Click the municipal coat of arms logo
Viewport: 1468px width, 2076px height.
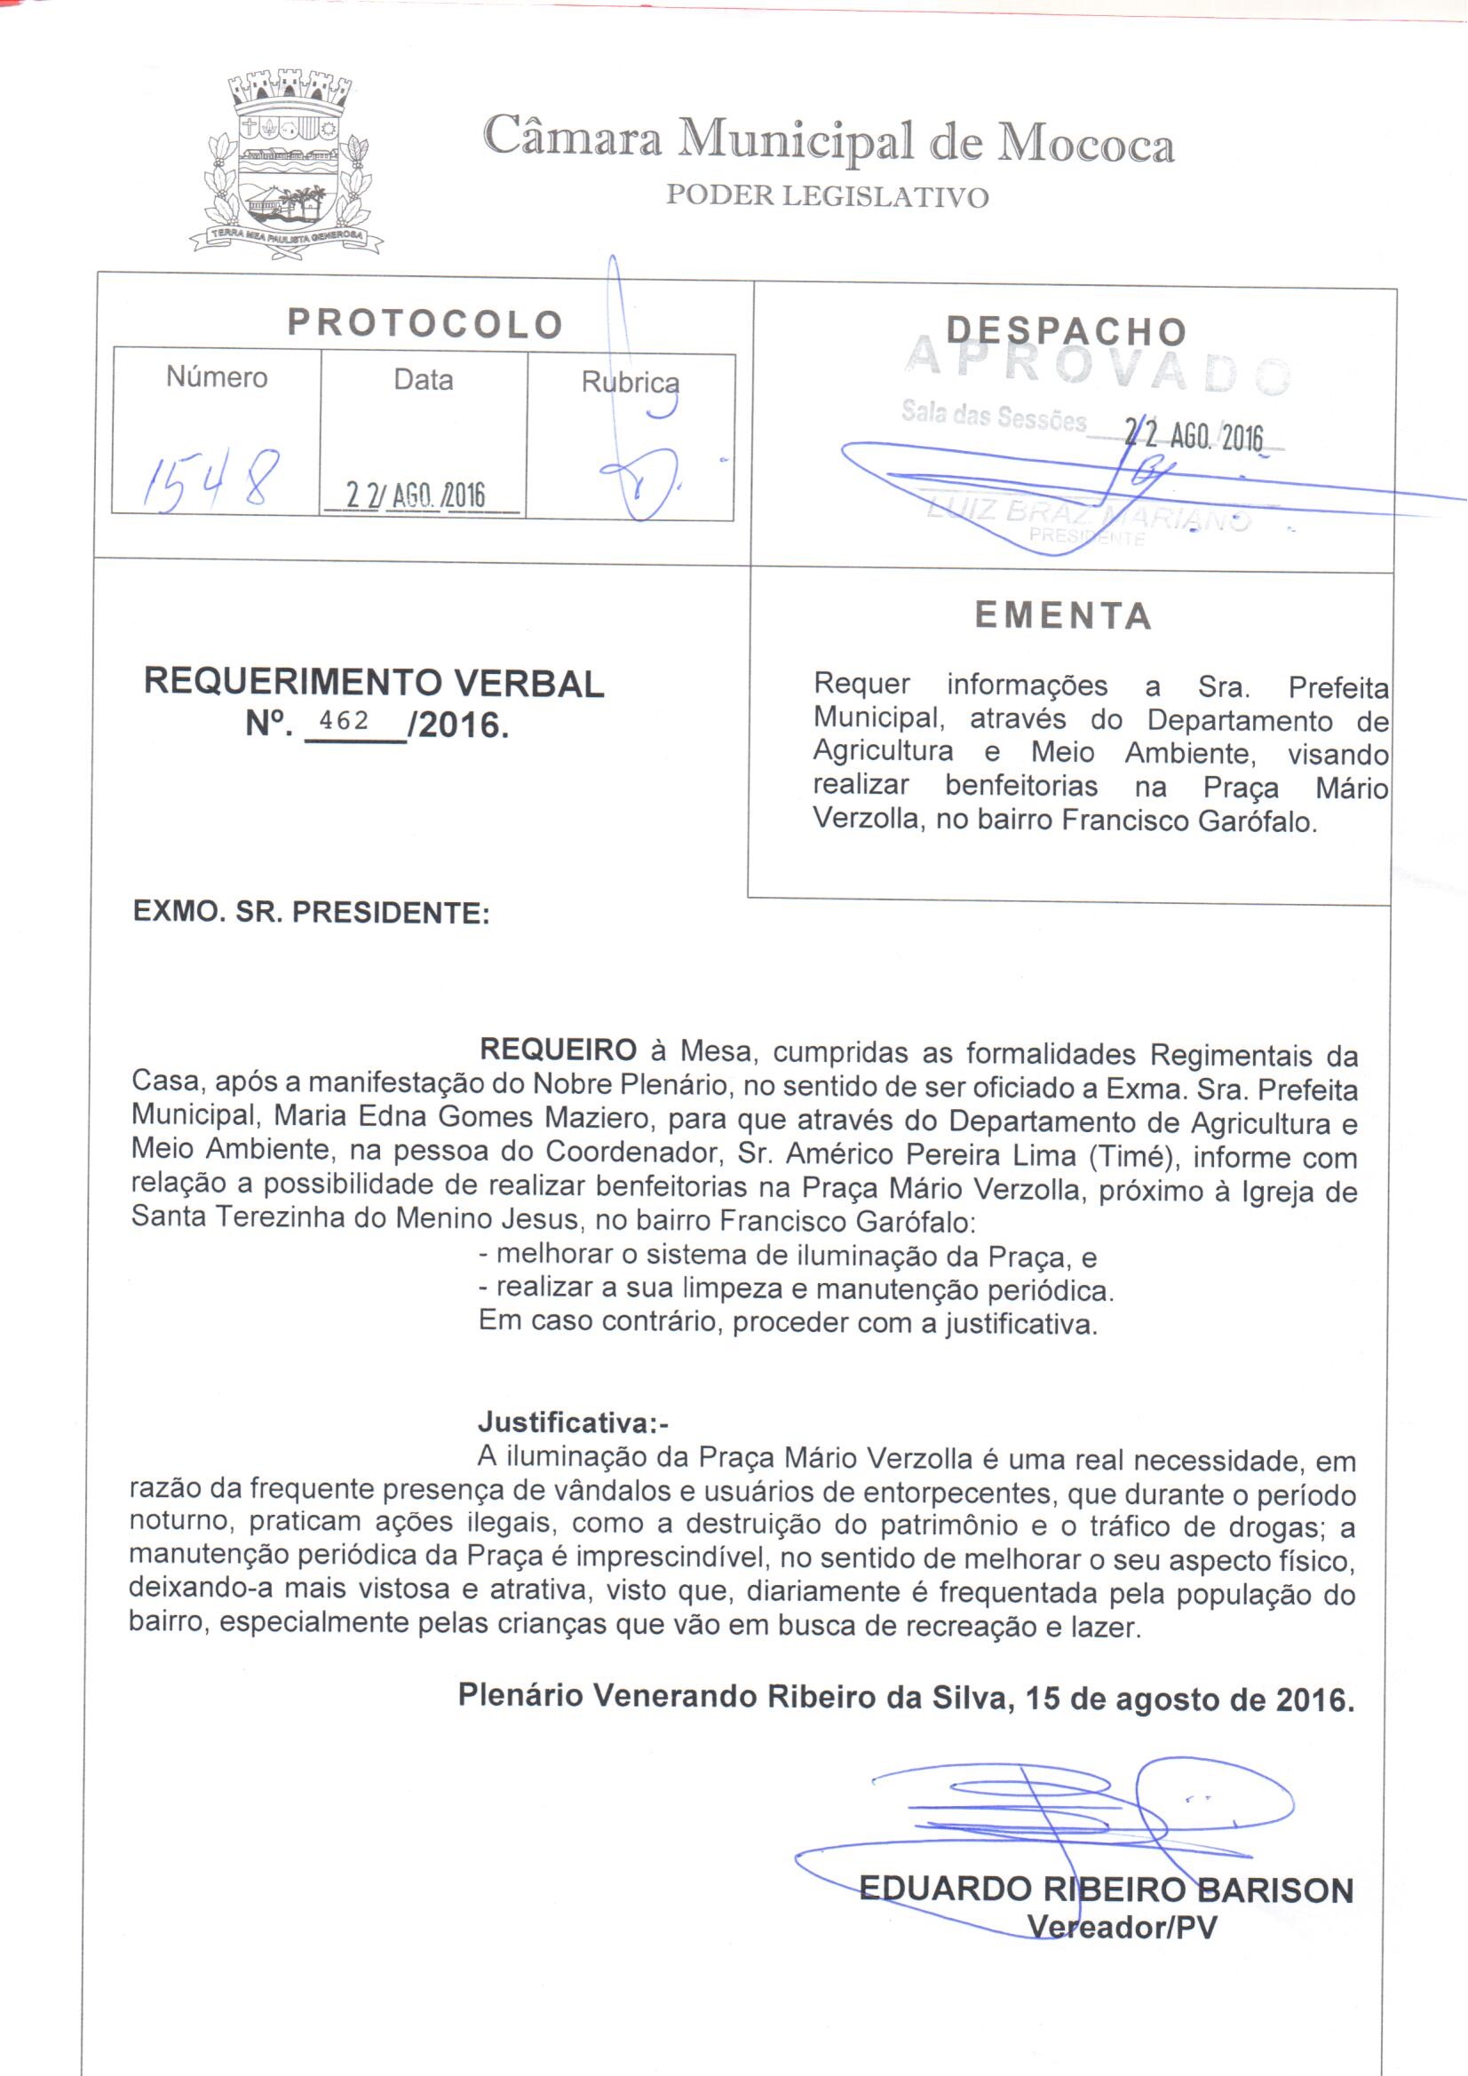pos(287,163)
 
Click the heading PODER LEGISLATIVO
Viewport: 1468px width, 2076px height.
pos(827,196)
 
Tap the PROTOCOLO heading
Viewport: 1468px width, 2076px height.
pos(425,323)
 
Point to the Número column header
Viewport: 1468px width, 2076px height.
pos(217,377)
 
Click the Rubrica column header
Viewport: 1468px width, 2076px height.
pos(630,383)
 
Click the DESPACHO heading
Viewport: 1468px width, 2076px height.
pos(1066,332)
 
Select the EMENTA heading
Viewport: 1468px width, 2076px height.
pos(1063,615)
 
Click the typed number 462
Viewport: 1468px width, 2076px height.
pos(345,721)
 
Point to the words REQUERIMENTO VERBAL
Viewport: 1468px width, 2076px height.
pos(374,683)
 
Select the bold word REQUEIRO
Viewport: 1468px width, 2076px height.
pos(558,1050)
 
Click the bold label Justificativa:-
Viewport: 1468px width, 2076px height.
pos(573,1422)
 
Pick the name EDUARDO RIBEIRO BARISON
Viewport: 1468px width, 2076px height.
pos(1106,1890)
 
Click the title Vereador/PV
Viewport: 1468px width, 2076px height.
pos(1122,1928)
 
